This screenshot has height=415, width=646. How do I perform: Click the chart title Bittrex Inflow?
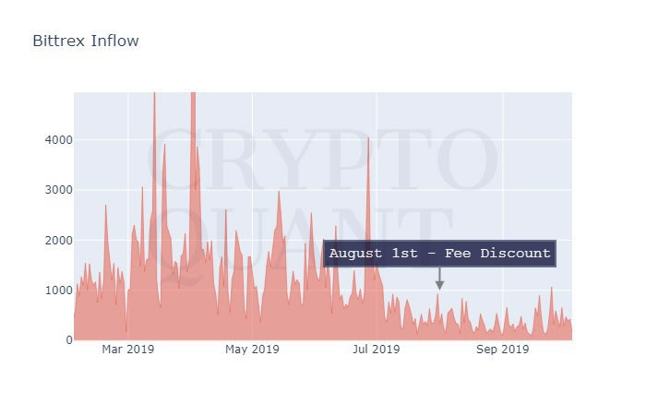click(86, 41)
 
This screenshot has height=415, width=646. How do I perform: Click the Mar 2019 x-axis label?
click(127, 350)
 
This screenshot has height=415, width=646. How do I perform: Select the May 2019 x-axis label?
click(252, 350)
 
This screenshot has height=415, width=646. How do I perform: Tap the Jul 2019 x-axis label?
click(376, 350)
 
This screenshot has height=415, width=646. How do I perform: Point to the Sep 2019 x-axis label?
click(502, 350)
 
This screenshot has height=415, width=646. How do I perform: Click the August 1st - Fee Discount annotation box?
click(439, 254)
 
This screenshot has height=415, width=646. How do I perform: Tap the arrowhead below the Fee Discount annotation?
click(439, 285)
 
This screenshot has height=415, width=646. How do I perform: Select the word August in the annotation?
click(355, 254)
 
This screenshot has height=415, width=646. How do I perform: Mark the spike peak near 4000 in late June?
click(368, 139)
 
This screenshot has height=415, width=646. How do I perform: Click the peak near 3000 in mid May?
click(279, 192)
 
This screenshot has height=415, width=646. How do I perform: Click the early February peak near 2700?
click(106, 206)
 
